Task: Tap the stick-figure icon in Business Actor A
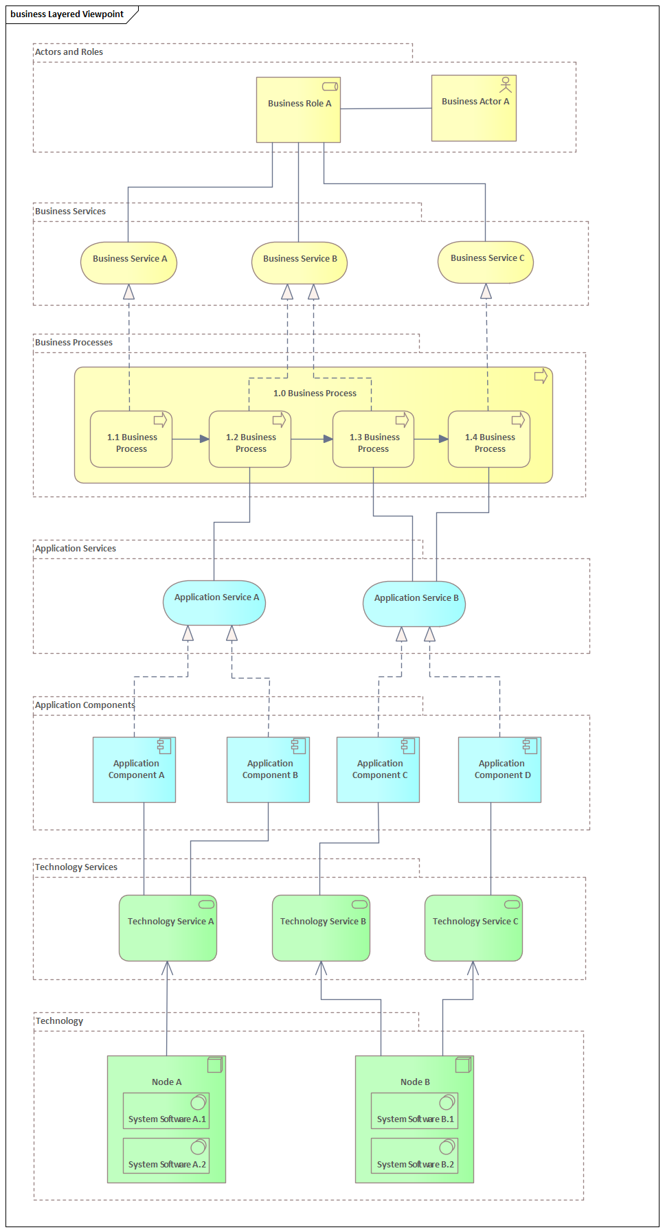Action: tap(506, 84)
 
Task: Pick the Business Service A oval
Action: tap(128, 263)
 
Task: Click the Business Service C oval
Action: tap(486, 262)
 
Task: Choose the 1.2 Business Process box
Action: tap(250, 440)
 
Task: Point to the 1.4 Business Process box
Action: tap(489, 440)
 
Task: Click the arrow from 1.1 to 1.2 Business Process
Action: tap(190, 439)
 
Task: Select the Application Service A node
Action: tap(214, 604)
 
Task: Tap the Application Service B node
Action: tap(414, 604)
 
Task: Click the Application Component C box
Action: tap(378, 770)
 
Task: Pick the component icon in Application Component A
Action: tap(164, 745)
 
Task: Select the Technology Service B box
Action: tap(321, 928)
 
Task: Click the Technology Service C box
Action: tap(473, 928)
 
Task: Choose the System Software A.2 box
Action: tap(166, 1156)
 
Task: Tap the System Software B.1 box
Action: tap(414, 1110)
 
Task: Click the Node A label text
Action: tap(166, 1082)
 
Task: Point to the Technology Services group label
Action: tap(76, 867)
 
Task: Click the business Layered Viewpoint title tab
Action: tap(67, 14)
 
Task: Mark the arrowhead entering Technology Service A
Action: tap(167, 968)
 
